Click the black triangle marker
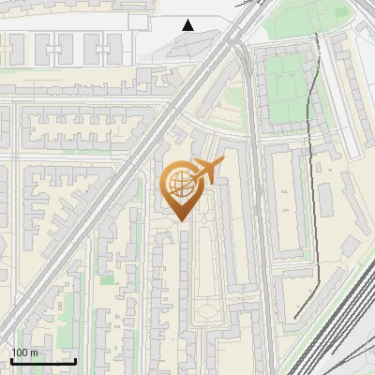[188, 25]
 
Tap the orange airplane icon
[207, 172]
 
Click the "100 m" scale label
[24, 352]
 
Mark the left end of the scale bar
[11, 360]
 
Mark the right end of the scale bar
[76, 360]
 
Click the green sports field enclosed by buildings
[287, 90]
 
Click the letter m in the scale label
[35, 352]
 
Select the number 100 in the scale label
[20, 352]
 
